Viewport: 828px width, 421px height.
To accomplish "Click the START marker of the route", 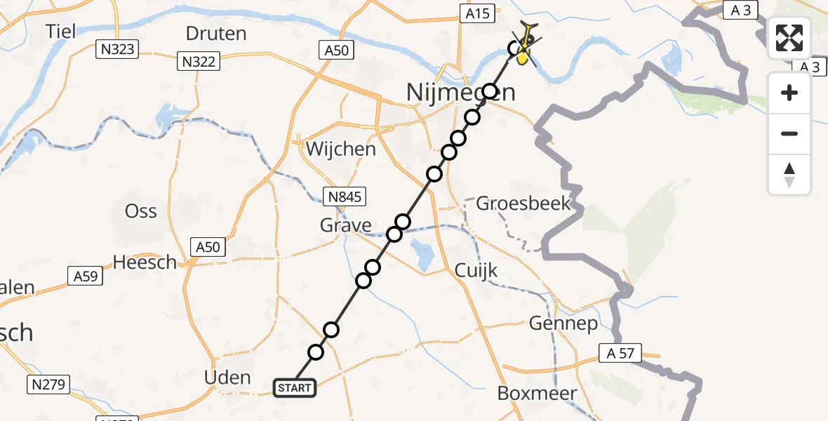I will tap(295, 387).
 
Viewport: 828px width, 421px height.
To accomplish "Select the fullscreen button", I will tap(789, 39).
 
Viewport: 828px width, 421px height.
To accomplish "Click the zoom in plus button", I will tap(789, 93).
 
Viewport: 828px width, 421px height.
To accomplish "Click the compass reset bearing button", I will tap(789, 175).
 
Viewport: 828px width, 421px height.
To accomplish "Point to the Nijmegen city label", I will tap(460, 92).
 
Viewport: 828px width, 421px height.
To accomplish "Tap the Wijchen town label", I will tap(340, 149).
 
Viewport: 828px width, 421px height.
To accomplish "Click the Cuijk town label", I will tap(476, 270).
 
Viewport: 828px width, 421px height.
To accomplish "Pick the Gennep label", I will tap(563, 323).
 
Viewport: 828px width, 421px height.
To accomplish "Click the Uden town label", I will tap(227, 377).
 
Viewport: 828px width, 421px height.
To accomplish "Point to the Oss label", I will tap(140, 210).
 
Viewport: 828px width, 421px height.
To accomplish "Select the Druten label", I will tap(216, 33).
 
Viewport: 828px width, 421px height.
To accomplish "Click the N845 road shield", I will tap(344, 197).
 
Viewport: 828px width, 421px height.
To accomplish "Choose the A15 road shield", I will tap(477, 12).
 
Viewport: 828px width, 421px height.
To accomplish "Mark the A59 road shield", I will tap(85, 276).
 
